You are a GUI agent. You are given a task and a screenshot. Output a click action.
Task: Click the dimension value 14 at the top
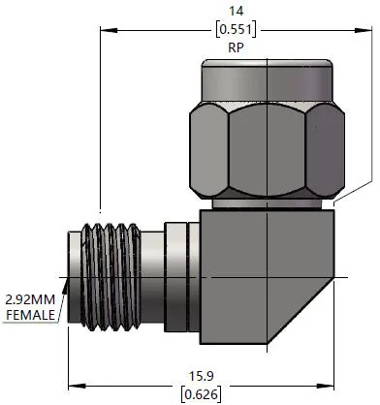click(236, 11)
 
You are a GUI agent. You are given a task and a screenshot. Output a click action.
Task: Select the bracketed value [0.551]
click(236, 29)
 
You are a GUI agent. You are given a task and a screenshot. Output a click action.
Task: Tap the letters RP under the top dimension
click(236, 47)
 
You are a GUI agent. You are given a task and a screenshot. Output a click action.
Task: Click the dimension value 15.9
click(202, 376)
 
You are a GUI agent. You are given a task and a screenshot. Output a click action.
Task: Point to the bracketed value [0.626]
click(202, 394)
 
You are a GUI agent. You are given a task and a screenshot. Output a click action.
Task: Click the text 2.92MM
click(30, 299)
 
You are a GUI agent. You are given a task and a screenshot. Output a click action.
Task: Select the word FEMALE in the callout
click(30, 315)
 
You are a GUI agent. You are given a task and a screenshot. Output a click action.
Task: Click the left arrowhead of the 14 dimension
click(109, 30)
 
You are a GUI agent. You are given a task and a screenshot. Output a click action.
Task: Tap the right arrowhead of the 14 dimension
click(364, 30)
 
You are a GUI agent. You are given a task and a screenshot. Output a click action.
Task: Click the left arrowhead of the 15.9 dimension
click(77, 386)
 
